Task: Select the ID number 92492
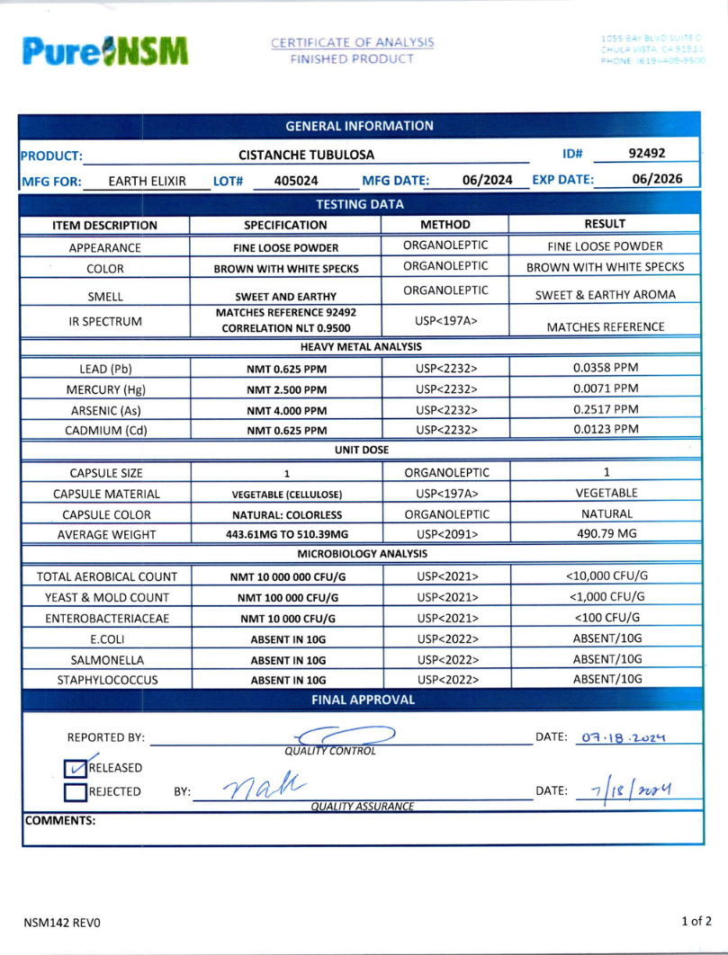(646, 154)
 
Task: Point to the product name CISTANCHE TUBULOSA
(306, 155)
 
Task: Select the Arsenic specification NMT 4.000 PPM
(286, 409)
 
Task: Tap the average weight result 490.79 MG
(606, 532)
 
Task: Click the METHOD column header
(445, 225)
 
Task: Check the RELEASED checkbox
(76, 767)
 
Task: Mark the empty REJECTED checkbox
(76, 792)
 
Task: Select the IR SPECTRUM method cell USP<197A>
(445, 320)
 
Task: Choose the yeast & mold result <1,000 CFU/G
(606, 596)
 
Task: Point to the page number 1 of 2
(697, 921)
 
